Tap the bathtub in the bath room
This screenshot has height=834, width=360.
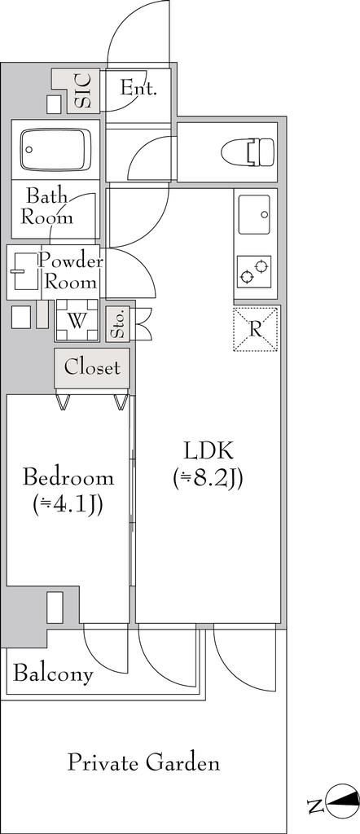56,150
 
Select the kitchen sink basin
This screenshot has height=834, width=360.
254,214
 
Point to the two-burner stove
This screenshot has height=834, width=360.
253,271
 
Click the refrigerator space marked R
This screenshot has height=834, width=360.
256,329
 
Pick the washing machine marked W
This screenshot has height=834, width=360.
77,319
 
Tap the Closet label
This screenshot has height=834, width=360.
92,367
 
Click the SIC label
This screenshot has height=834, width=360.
83,91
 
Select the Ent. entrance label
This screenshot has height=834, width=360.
138,87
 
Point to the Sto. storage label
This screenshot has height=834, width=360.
117,324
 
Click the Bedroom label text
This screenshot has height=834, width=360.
68,476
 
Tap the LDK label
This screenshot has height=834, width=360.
209,451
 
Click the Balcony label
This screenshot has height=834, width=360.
53,674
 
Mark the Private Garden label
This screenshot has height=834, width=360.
143,763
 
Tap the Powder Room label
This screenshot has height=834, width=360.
71,271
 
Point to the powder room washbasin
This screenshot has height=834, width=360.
24,271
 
